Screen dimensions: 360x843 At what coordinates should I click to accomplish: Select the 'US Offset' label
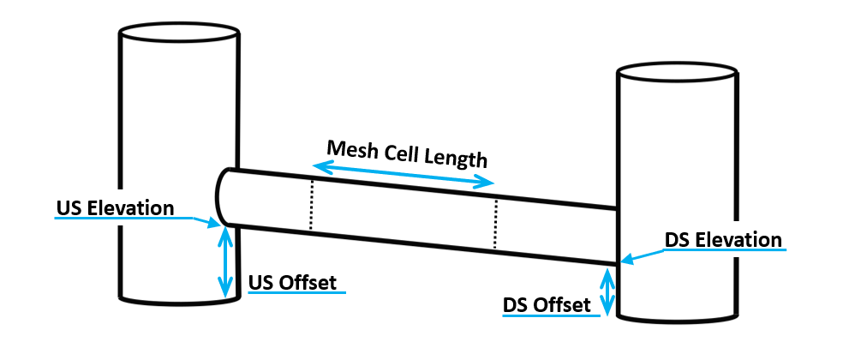(293, 282)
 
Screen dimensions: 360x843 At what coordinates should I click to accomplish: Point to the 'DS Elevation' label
(724, 239)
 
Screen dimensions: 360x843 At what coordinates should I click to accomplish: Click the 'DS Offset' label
(546, 304)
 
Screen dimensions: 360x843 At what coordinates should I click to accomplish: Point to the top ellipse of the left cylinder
(179, 32)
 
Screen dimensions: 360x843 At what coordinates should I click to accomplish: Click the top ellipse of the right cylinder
(678, 72)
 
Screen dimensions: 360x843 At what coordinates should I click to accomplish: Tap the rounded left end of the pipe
(220, 196)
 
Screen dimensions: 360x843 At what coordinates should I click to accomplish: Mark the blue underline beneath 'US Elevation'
(120, 218)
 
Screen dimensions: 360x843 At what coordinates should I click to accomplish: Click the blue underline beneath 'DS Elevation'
(725, 250)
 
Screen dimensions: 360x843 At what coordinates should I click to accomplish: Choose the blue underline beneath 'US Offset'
(296, 293)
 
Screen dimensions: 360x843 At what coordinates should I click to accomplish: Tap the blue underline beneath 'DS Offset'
(549, 315)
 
